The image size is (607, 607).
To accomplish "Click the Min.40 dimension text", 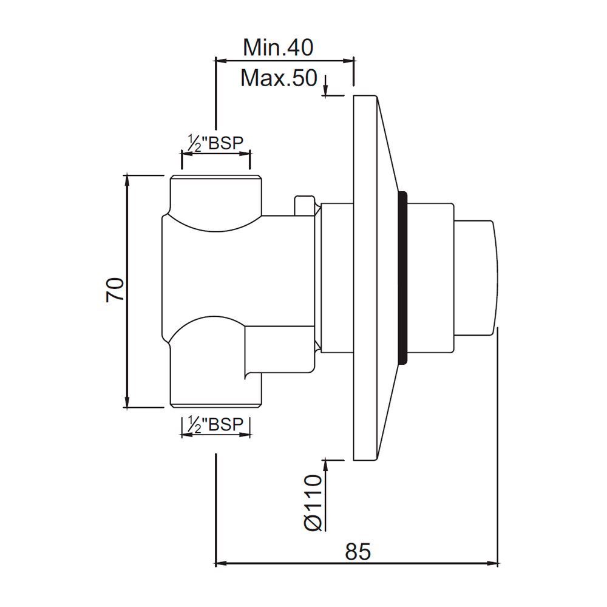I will coord(278,47).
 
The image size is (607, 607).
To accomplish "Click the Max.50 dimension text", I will coord(279,78).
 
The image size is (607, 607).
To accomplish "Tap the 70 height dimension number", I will coord(115,290).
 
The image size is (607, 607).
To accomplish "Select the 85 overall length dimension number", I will coord(358,552).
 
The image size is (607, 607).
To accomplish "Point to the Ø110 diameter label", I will coord(311,503).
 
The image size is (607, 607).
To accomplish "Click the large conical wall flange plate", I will coord(367,278).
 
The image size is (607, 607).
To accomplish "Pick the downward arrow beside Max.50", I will coord(327,91).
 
